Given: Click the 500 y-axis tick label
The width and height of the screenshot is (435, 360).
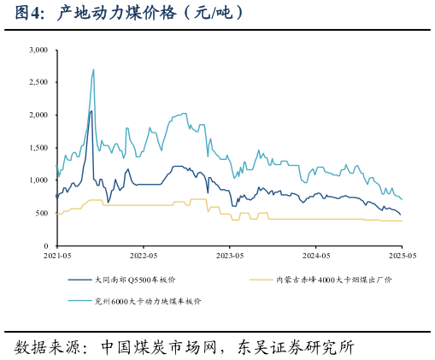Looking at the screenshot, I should tap(41, 213).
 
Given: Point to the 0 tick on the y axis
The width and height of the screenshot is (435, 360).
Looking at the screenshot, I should tap(45, 245).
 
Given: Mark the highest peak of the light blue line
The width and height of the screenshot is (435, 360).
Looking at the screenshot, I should tap(93, 70).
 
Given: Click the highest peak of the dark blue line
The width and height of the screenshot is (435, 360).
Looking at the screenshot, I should tap(91, 111).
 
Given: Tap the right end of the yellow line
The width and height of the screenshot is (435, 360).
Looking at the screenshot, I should tap(402, 221).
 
